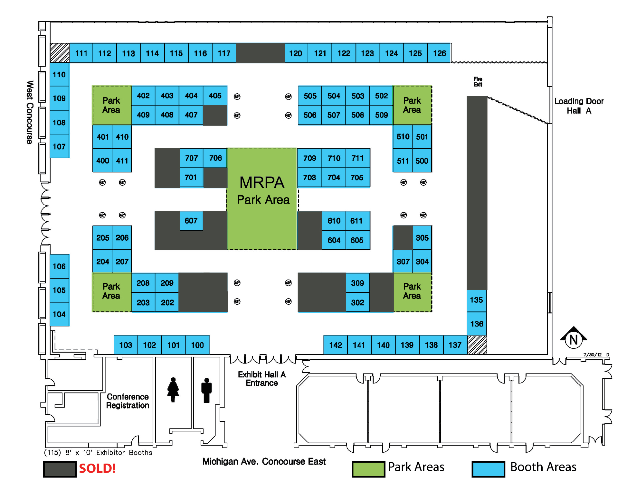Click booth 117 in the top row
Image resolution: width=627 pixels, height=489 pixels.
(x=224, y=53)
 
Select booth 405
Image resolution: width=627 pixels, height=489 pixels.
(x=215, y=96)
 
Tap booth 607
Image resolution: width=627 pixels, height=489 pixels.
(x=191, y=221)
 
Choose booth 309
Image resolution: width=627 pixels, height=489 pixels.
(x=357, y=283)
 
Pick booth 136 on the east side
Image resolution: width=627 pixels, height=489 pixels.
(x=477, y=324)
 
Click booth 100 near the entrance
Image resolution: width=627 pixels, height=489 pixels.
(x=197, y=345)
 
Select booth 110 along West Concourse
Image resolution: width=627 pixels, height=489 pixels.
(x=59, y=75)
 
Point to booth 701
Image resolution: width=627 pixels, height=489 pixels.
(x=191, y=177)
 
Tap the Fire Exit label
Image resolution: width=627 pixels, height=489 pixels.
(x=478, y=82)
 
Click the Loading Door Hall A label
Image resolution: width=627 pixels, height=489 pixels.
(x=579, y=106)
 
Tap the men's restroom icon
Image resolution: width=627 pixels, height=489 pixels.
(x=206, y=390)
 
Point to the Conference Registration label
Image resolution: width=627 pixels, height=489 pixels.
(x=128, y=401)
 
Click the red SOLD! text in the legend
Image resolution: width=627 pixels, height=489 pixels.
(x=97, y=468)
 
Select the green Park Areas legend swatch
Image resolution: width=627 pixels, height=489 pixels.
(x=368, y=469)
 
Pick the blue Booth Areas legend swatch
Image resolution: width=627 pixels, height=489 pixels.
(x=488, y=469)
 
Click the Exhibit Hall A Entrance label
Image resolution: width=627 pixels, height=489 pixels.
(x=262, y=379)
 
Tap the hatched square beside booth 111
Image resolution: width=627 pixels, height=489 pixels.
(x=60, y=53)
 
